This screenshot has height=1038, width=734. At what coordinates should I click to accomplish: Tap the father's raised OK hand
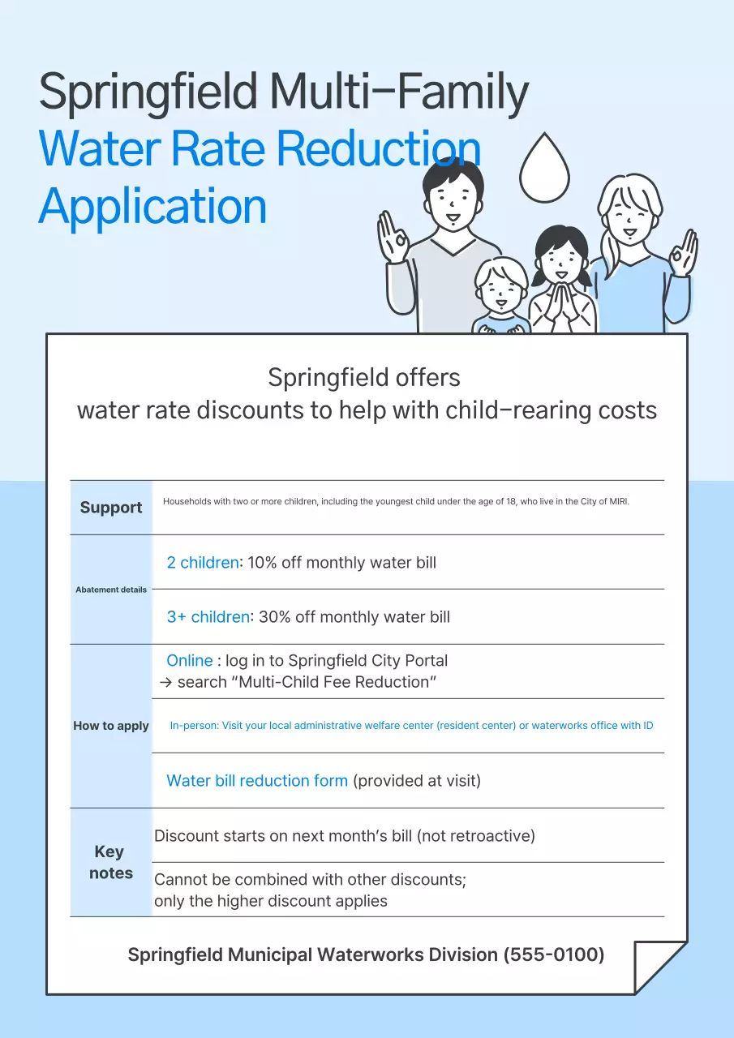[393, 236]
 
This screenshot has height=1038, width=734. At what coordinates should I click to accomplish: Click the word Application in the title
[152, 207]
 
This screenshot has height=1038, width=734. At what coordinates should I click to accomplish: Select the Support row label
[111, 508]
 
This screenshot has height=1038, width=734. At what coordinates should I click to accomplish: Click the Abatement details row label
[111, 590]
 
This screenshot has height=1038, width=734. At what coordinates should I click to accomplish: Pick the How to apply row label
[111, 726]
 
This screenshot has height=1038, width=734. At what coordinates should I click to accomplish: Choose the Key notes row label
[111, 862]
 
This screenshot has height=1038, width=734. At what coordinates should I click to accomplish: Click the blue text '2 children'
[203, 562]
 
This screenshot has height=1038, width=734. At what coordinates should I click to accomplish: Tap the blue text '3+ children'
[208, 616]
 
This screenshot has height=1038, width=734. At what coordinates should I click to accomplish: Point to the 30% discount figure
[274, 616]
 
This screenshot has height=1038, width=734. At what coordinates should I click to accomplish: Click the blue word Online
[190, 660]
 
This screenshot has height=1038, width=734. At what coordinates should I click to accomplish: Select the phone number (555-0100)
[554, 954]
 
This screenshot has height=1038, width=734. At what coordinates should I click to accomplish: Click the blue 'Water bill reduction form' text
[257, 781]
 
